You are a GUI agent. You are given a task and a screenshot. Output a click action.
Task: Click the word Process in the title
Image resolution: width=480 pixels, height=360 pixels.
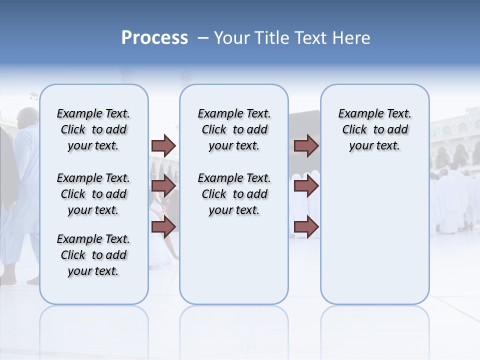pyautogui.click(x=154, y=38)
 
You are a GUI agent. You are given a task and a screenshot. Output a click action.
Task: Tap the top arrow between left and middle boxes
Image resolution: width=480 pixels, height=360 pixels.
pyautogui.click(x=163, y=145)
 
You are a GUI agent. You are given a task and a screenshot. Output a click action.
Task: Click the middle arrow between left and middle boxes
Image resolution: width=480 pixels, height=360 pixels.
pyautogui.click(x=163, y=186)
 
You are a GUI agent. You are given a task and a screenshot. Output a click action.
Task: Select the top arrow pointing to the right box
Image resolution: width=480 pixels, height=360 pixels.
pyautogui.click(x=306, y=145)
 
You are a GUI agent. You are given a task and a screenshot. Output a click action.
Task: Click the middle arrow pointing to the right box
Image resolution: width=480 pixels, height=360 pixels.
pyautogui.click(x=306, y=186)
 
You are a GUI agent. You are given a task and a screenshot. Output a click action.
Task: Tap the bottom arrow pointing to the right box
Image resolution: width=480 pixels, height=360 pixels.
pyautogui.click(x=306, y=227)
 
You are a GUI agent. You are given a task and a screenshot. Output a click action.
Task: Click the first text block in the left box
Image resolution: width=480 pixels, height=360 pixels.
pyautogui.click(x=93, y=129)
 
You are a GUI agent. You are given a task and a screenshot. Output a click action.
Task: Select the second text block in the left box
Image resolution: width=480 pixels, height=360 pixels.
pyautogui.click(x=93, y=194)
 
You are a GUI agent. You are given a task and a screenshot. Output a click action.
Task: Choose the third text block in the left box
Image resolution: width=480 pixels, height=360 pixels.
pyautogui.click(x=93, y=255)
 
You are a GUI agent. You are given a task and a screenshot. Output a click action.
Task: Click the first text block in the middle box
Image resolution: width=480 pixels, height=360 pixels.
pyautogui.click(x=234, y=129)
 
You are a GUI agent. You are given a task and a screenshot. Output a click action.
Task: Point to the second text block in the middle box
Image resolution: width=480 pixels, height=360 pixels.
pyautogui.click(x=234, y=194)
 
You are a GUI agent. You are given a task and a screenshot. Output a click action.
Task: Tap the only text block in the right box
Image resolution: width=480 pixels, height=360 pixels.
pyautogui.click(x=374, y=129)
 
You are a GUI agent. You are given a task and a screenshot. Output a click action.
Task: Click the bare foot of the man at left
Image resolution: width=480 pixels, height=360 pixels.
pyautogui.click(x=33, y=280)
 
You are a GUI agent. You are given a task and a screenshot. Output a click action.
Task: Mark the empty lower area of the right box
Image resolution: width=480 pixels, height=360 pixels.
pyautogui.click(x=374, y=240)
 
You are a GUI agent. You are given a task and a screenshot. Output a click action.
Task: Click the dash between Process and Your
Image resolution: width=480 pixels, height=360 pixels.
pyautogui.click(x=203, y=38)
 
